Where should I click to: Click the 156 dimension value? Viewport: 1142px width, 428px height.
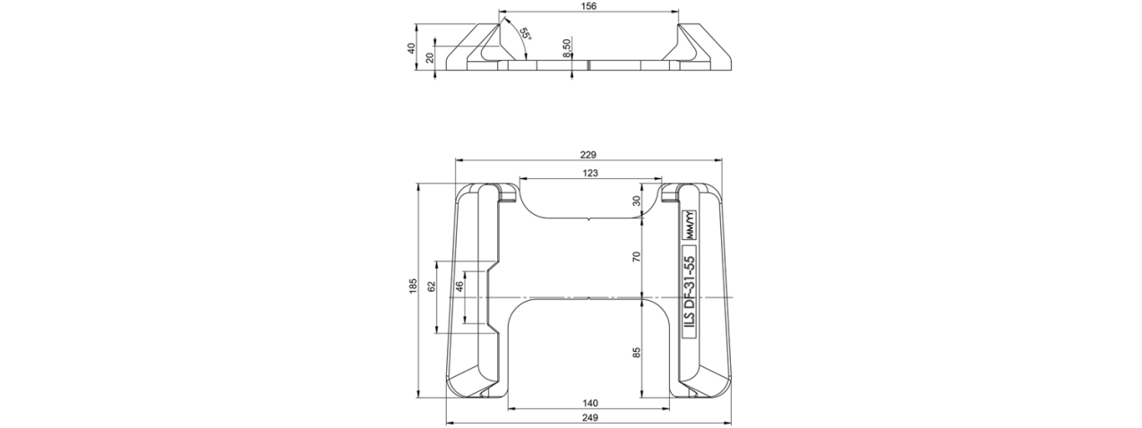point(588,6)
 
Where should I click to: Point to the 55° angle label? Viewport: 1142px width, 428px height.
point(525,35)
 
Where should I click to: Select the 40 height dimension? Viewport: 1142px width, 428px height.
point(412,47)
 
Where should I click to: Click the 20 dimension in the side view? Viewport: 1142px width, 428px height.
point(430,57)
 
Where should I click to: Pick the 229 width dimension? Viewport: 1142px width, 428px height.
point(588,154)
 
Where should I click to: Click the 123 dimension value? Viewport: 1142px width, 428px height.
point(590,173)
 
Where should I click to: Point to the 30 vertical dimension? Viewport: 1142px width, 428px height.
point(636,201)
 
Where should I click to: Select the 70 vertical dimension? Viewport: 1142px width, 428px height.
point(636,257)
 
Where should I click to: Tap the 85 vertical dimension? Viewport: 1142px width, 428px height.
point(636,353)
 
